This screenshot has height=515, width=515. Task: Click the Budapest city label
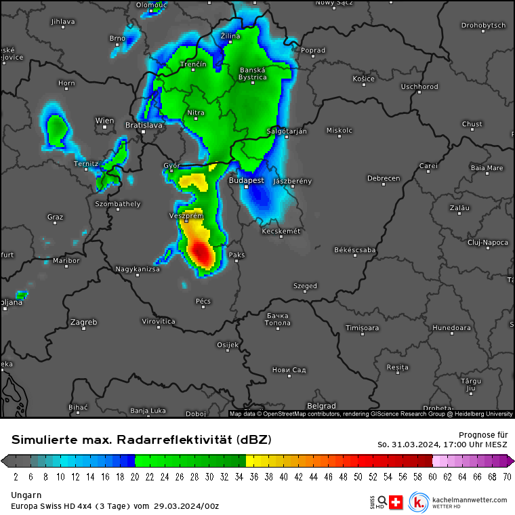coord(247,181)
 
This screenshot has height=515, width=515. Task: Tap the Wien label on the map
coord(104,121)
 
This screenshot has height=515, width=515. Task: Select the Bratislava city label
coord(144,125)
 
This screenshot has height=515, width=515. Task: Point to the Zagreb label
coord(83,322)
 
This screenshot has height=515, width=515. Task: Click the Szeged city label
coord(305,286)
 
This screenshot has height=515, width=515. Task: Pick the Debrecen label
coord(384,178)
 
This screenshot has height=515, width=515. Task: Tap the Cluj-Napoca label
coord(488,242)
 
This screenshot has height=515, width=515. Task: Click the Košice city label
coord(364,79)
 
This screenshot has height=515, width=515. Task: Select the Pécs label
coord(203,301)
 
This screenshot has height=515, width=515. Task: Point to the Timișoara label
coord(363,328)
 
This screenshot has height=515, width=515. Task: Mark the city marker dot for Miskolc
coord(339,137)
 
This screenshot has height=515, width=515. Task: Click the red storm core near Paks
coord(202,253)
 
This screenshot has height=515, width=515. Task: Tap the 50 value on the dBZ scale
coord(359,476)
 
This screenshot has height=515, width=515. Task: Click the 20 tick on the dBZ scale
coord(136,476)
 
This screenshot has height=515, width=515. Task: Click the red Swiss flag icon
coord(397,502)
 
